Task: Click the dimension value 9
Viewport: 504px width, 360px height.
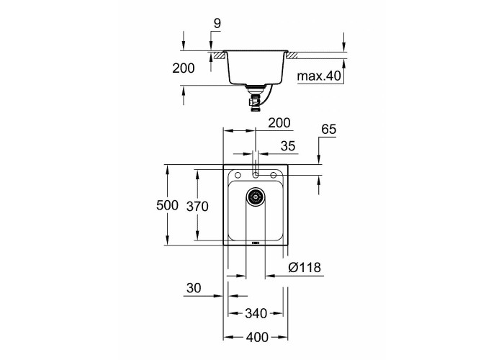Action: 217,24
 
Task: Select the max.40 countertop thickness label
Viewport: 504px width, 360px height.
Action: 319,76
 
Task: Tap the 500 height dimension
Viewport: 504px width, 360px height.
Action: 167,205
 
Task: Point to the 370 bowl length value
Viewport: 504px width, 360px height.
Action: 197,207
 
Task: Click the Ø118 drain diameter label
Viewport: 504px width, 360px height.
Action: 305,267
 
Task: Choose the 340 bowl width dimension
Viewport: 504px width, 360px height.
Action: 256,313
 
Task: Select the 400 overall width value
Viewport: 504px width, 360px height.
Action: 257,337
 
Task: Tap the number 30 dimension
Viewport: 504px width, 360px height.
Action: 194,288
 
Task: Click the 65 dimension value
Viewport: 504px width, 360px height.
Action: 329,129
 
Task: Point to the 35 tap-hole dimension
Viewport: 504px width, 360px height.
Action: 288,146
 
